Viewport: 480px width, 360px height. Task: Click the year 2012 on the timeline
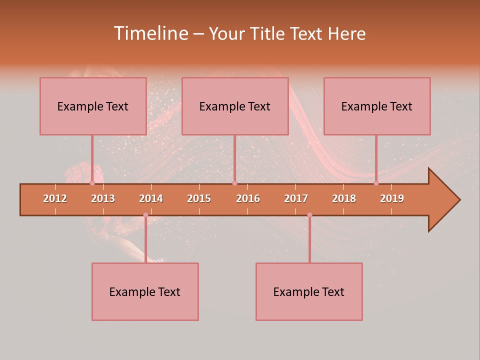pyautogui.click(x=55, y=198)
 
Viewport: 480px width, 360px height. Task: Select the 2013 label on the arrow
pyautogui.click(x=103, y=198)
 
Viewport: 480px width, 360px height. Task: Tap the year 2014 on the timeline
pyautogui.click(x=151, y=198)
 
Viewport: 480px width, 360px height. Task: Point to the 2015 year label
pyautogui.click(x=199, y=198)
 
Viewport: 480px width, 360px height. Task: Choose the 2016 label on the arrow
pyautogui.click(x=248, y=198)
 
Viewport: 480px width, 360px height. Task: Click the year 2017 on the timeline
pyautogui.click(x=296, y=198)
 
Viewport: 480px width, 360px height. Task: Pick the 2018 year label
pyautogui.click(x=344, y=198)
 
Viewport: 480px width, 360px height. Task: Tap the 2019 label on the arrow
pyautogui.click(x=392, y=198)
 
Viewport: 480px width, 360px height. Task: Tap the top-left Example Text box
pyautogui.click(x=93, y=106)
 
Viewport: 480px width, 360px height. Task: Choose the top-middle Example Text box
pyautogui.click(x=235, y=106)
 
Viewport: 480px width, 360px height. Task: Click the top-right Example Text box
pyautogui.click(x=377, y=106)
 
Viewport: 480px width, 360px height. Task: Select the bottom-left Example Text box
pyautogui.click(x=145, y=291)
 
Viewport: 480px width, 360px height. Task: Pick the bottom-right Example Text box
pyautogui.click(x=309, y=291)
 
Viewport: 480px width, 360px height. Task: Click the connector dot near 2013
pyautogui.click(x=92, y=183)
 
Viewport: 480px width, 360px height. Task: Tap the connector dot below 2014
pyautogui.click(x=145, y=215)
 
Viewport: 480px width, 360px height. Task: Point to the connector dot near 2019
pyautogui.click(x=376, y=183)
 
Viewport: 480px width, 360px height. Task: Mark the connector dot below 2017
pyautogui.click(x=309, y=215)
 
